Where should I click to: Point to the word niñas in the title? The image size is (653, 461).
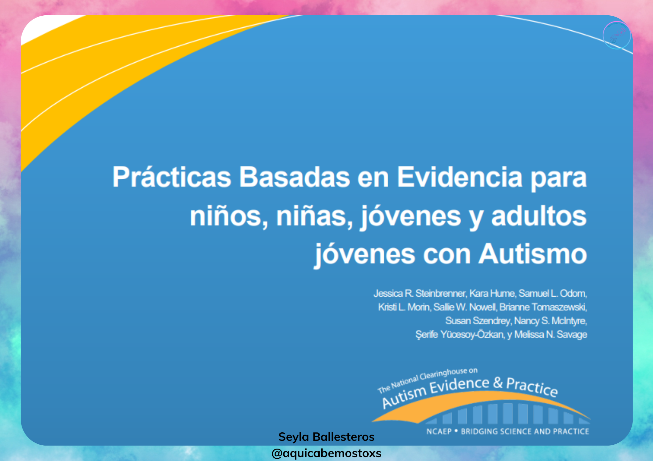click(315, 216)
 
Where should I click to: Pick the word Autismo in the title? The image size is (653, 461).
click(533, 254)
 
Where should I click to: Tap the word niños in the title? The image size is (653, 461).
click(229, 216)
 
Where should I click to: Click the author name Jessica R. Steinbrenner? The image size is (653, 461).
click(420, 293)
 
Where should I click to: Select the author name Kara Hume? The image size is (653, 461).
click(493, 293)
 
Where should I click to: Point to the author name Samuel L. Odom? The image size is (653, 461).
click(553, 293)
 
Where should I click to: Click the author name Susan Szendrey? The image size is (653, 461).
click(478, 321)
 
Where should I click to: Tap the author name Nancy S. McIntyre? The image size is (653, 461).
click(551, 321)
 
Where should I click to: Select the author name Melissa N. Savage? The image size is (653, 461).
click(551, 335)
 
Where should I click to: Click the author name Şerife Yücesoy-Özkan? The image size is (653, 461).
click(460, 335)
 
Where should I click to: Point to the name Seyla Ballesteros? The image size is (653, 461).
click(326, 437)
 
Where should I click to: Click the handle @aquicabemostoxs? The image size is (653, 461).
click(326, 453)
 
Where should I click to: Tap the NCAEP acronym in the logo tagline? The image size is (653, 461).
click(439, 432)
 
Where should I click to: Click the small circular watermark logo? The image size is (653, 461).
click(616, 35)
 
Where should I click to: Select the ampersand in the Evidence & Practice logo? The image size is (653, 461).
click(498, 382)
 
